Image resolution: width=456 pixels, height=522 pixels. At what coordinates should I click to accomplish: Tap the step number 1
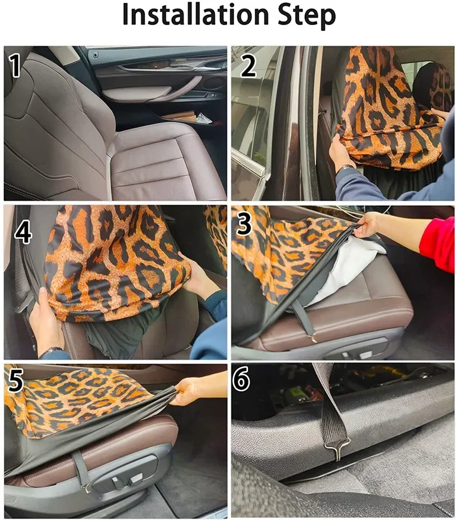point(17,66)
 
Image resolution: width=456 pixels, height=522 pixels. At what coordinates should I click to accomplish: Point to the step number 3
point(245,225)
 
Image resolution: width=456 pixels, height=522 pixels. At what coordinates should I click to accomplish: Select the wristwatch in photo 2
point(346,168)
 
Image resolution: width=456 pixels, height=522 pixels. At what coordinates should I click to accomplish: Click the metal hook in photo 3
point(313,340)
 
